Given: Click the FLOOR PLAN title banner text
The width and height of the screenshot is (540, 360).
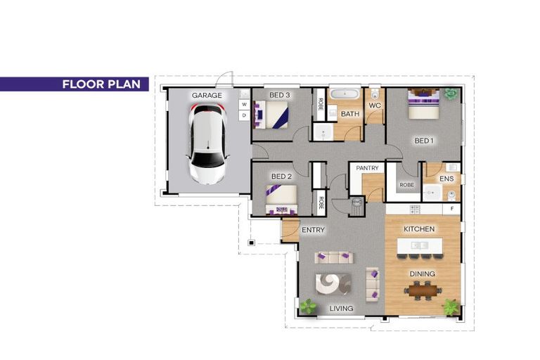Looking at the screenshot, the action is tap(101, 84).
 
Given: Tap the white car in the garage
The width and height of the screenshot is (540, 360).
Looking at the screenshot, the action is tap(207, 143).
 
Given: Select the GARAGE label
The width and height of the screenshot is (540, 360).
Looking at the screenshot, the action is tap(207, 96).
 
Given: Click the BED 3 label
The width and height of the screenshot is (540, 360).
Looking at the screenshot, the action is tap(279, 95).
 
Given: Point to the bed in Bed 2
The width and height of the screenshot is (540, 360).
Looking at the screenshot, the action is tap(281, 200).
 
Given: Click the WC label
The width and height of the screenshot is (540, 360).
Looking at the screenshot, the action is tap(375, 105).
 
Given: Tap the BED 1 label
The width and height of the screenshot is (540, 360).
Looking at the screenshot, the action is tap(423, 141).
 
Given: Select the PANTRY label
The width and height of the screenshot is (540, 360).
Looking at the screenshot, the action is tap(367, 168).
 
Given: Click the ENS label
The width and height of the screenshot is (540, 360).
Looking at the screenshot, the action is tap(446, 179).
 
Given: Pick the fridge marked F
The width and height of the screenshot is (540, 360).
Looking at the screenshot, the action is tap(452, 209).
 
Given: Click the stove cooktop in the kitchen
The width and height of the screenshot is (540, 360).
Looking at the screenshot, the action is tap(415, 209).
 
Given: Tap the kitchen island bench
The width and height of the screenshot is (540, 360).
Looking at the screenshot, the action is tap(420, 245).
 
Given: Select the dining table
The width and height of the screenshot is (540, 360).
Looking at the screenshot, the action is tap(423, 290).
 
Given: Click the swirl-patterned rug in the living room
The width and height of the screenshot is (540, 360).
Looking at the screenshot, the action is tap(333, 284).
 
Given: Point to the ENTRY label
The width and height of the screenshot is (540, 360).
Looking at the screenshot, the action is tap(313, 230).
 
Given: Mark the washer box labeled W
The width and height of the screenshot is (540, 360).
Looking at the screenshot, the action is tap(244, 104).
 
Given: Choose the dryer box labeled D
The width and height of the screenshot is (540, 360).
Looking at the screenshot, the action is tap(244, 115).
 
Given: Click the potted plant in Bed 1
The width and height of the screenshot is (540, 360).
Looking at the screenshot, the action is tap(449, 94).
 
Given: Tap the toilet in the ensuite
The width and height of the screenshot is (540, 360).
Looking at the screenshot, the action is tap(451, 195).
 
